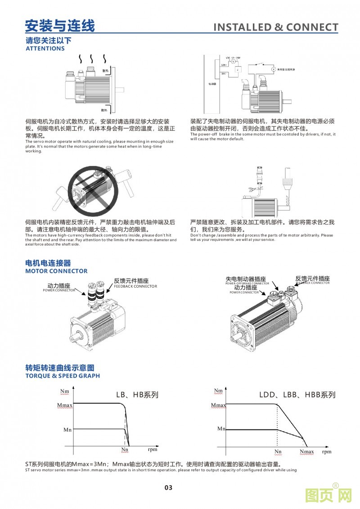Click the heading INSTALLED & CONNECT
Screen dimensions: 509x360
tap(275, 27)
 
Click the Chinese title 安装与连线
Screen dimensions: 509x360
tap(60, 26)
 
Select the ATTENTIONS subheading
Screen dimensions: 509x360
tap(45, 49)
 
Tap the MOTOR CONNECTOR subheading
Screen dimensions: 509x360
tap(56, 271)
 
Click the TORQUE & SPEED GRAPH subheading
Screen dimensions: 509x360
tap(63, 376)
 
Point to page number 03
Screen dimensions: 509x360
tap(168, 487)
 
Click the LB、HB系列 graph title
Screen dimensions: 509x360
tap(137, 395)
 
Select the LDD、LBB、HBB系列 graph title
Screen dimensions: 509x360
tap(297, 395)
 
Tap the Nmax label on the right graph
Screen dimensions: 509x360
tap(307, 451)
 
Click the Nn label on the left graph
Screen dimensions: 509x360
tap(125, 449)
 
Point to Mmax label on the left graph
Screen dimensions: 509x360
tap(65, 405)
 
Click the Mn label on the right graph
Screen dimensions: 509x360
tap(221, 428)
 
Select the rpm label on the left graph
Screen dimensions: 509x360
tap(152, 449)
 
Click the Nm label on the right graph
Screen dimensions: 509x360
tap(218, 391)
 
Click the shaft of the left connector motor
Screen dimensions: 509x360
tap(77, 335)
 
